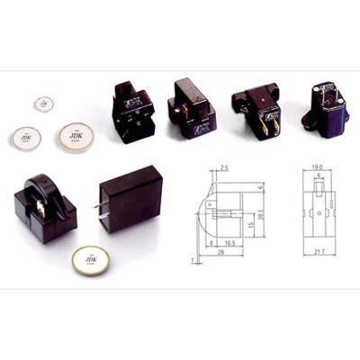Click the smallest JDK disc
(44, 104)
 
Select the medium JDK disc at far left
(26, 138)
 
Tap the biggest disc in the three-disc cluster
(77, 136)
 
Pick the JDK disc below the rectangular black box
(91, 261)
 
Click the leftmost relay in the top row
(132, 112)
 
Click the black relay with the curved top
(44, 204)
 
